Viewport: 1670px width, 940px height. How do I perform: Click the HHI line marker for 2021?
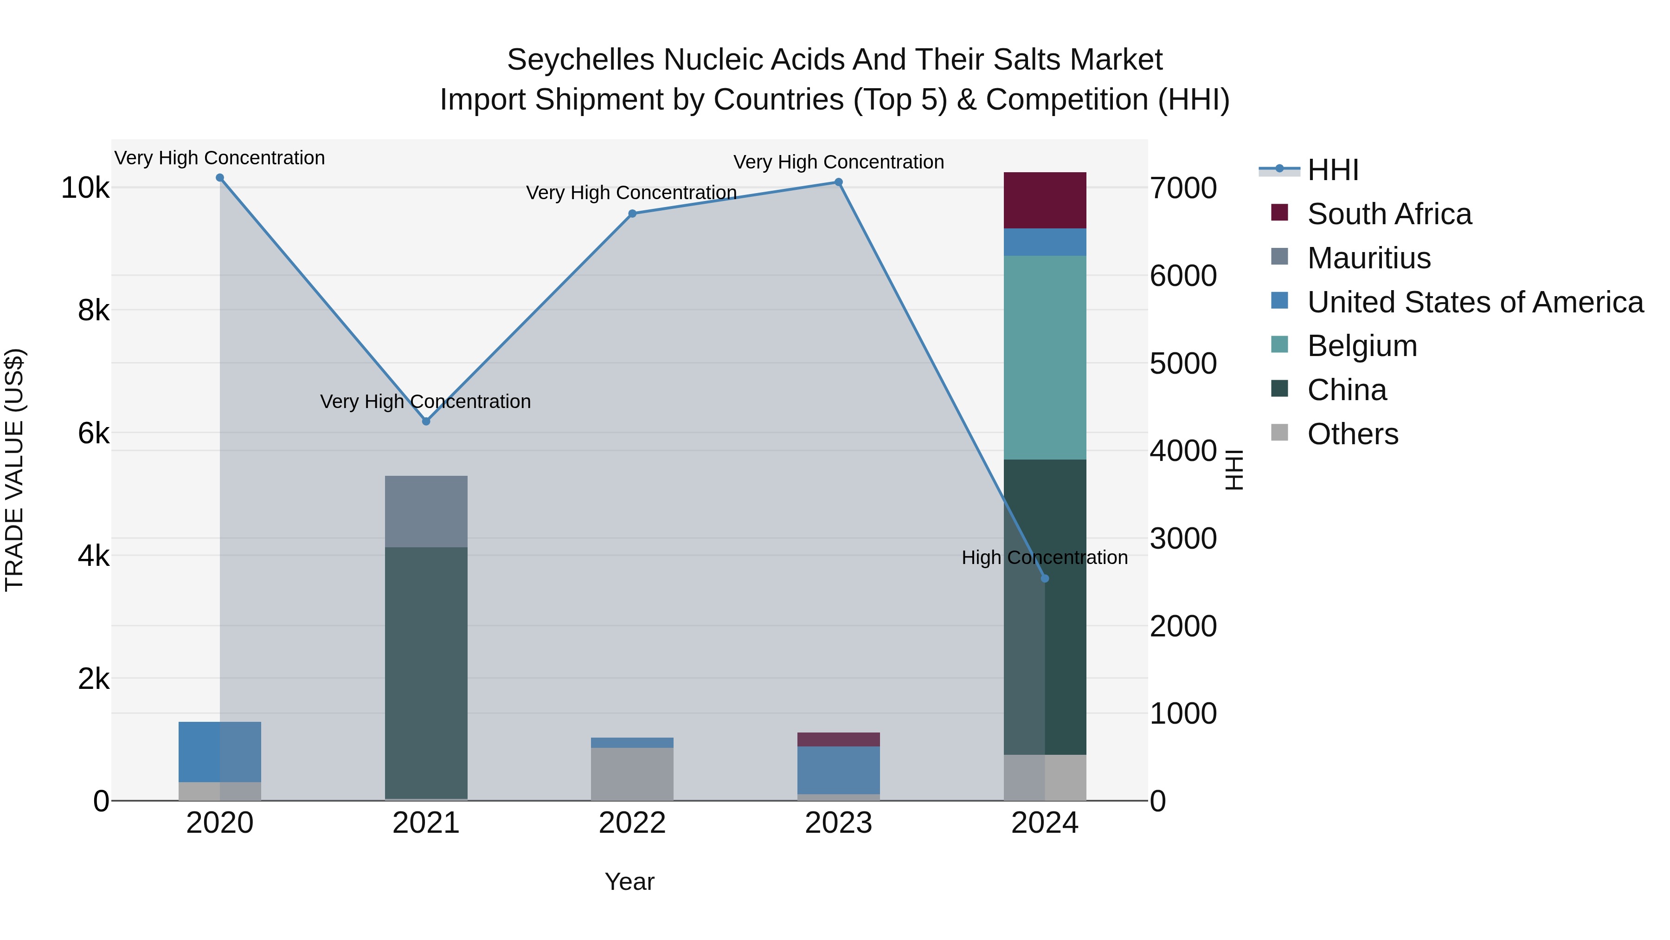[x=426, y=421]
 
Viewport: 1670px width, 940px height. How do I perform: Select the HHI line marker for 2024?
[x=1044, y=578]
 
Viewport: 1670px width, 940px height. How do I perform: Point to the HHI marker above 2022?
[x=632, y=214]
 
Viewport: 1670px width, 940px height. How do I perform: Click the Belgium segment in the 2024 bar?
[x=1044, y=357]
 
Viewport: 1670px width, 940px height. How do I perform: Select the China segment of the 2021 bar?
[x=426, y=672]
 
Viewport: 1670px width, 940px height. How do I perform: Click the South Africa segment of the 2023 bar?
[x=838, y=739]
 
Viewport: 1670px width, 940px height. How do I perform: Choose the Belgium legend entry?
[x=1362, y=346]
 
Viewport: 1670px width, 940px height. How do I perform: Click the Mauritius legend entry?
[x=1368, y=258]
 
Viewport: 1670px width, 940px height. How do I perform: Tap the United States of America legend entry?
[x=1475, y=302]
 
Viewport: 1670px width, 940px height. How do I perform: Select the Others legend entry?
[x=1352, y=434]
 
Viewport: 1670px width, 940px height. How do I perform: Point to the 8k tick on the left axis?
[x=93, y=310]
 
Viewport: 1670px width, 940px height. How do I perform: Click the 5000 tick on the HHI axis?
[x=1183, y=363]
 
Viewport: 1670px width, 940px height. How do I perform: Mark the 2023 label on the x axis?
[x=838, y=823]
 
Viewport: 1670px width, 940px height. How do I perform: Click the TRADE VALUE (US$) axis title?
[x=14, y=470]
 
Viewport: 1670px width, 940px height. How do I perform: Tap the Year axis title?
[x=629, y=882]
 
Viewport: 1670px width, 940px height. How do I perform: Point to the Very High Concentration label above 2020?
[x=220, y=158]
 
